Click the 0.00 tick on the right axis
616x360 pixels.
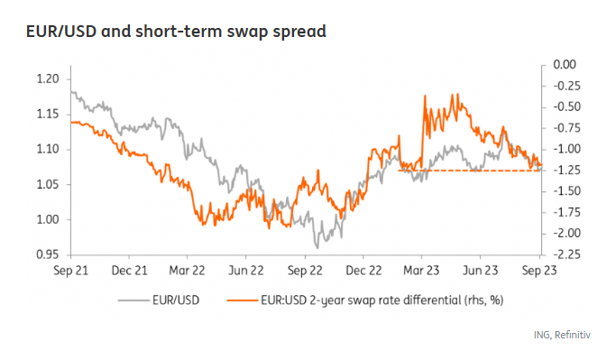563,65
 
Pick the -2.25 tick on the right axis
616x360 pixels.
563,254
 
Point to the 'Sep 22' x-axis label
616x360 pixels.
306,270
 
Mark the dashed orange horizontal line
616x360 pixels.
469,171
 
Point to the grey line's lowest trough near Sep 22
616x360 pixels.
317,246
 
